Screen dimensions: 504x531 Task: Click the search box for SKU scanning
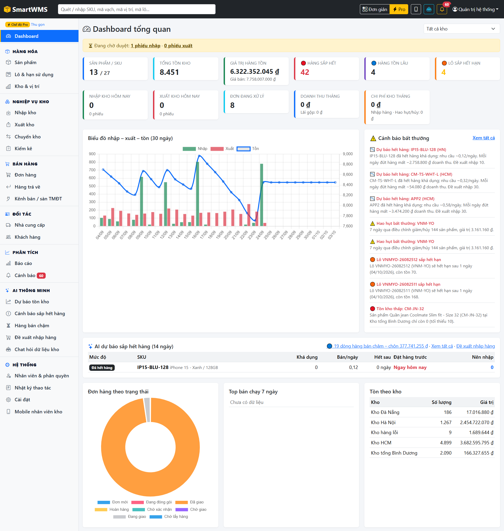point(136,9)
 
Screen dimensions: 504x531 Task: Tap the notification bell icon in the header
point(442,9)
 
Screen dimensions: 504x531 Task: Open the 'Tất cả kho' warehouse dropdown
point(461,29)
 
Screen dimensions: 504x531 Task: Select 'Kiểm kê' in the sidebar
point(23,149)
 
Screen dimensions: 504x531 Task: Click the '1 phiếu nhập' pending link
point(145,46)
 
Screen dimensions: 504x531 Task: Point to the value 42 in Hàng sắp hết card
point(305,72)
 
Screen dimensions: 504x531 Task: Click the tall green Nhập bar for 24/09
point(261,195)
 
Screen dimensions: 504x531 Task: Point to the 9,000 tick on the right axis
point(348,154)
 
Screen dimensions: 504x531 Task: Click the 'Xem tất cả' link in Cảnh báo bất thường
point(483,138)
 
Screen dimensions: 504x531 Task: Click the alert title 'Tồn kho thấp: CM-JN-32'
point(400,309)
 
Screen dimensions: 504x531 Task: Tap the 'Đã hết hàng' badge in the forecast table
point(102,368)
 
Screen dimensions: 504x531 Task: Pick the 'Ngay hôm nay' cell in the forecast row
point(410,367)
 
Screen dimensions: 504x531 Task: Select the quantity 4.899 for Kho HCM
point(445,443)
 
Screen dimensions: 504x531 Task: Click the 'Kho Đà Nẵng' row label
point(385,412)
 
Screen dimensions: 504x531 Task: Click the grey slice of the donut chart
point(147,410)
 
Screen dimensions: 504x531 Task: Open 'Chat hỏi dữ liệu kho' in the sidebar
point(37,349)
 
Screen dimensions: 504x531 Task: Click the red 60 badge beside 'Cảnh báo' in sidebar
point(41,276)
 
